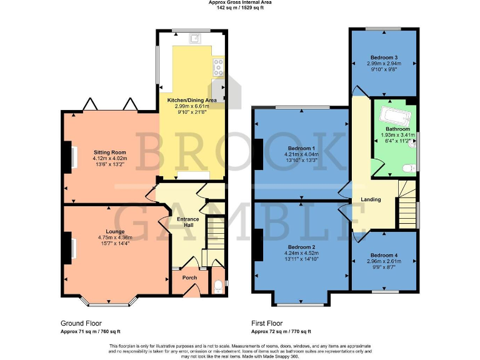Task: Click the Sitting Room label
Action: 110,152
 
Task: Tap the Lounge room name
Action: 114,231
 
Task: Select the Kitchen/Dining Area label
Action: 191,100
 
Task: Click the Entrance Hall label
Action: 188,222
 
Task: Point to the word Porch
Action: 189,277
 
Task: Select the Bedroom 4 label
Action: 383,255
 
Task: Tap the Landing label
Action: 371,199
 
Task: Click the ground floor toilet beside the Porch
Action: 217,286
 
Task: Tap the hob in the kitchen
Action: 218,67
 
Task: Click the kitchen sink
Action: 196,38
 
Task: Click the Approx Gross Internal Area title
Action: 239,3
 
